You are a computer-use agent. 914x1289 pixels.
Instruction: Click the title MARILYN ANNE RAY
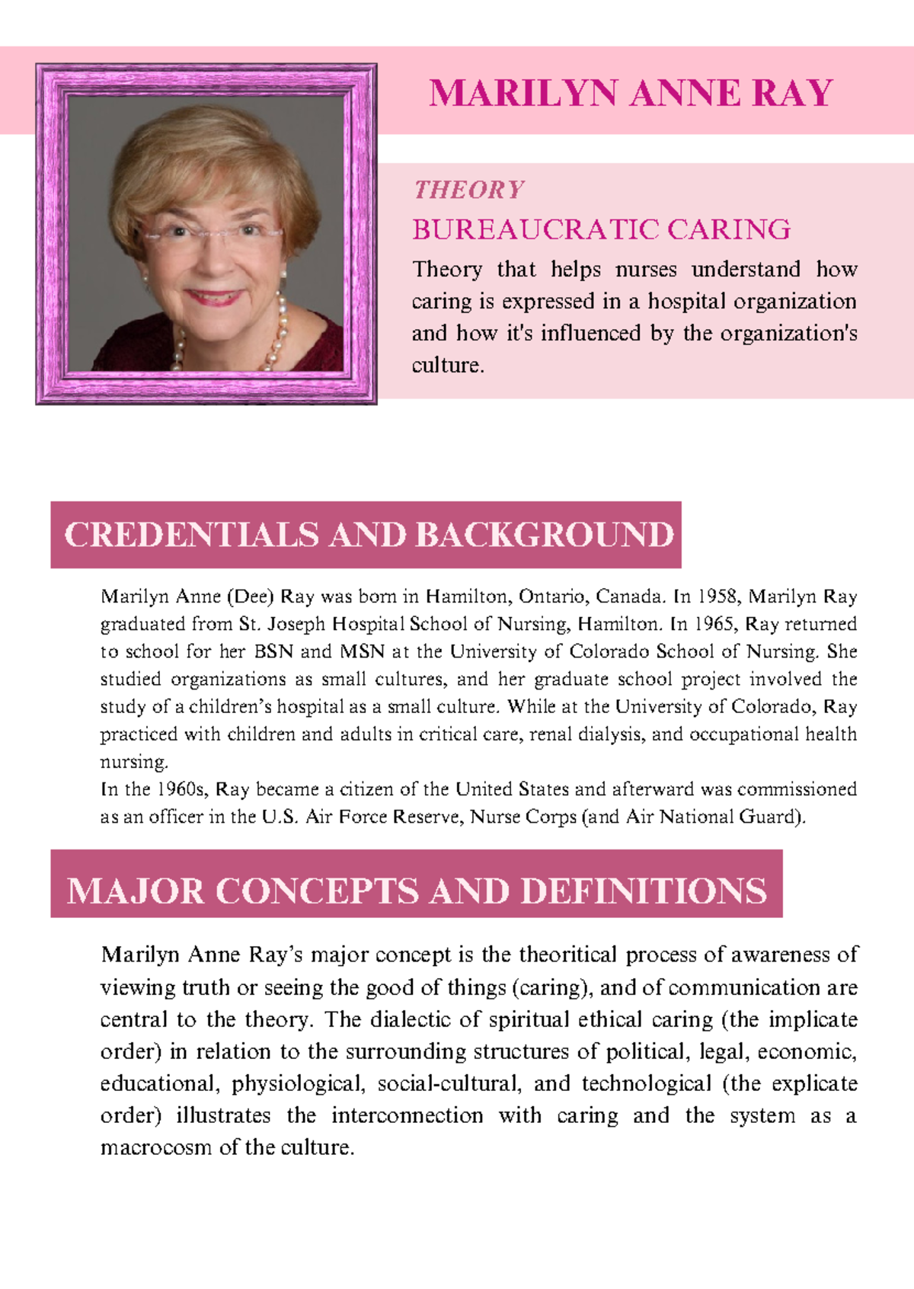pyautogui.click(x=631, y=94)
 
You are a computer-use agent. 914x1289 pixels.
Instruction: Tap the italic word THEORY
pyautogui.click(x=468, y=190)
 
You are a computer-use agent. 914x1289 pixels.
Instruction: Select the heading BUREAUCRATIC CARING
pyautogui.click(x=601, y=229)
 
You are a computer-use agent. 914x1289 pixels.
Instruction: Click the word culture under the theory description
pyautogui.click(x=446, y=366)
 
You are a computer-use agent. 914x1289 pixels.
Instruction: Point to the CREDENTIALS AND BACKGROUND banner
pyautogui.click(x=366, y=535)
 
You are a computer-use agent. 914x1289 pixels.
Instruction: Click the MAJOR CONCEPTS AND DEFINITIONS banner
pyautogui.click(x=416, y=891)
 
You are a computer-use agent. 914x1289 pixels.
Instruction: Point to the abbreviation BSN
pyautogui.click(x=273, y=651)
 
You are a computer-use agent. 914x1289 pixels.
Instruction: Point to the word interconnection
pyautogui.click(x=407, y=1115)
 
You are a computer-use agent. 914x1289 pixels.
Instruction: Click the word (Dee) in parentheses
pyautogui.click(x=250, y=597)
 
